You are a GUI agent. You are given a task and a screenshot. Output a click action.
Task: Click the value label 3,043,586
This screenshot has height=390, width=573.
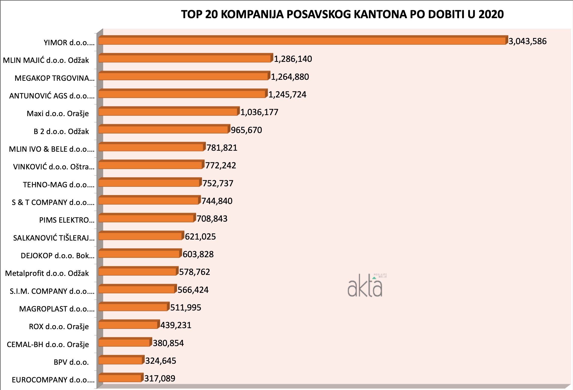click(x=528, y=41)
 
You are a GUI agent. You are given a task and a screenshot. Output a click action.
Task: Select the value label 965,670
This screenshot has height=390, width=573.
click(x=246, y=130)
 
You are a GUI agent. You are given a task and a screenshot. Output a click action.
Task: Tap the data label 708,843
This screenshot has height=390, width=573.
click(x=212, y=219)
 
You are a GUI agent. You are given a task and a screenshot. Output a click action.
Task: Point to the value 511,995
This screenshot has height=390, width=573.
click(x=186, y=307)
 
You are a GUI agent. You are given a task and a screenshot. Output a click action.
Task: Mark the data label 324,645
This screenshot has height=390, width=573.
click(x=161, y=361)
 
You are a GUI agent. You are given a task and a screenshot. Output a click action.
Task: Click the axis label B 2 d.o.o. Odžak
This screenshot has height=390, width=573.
click(x=61, y=132)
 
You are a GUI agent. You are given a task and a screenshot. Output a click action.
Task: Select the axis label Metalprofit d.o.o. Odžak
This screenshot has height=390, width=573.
click(x=47, y=273)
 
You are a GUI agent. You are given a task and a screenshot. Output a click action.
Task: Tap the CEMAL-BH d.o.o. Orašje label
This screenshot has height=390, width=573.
click(x=48, y=345)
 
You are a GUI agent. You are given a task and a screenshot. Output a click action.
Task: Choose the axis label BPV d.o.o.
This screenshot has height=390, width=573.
click(x=71, y=362)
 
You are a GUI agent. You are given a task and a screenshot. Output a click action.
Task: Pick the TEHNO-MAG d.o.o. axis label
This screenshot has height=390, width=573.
click(x=59, y=185)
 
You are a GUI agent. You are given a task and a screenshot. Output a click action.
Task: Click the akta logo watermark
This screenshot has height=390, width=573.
click(x=366, y=286)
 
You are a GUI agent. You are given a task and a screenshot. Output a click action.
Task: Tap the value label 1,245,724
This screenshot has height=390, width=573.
click(x=287, y=95)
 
